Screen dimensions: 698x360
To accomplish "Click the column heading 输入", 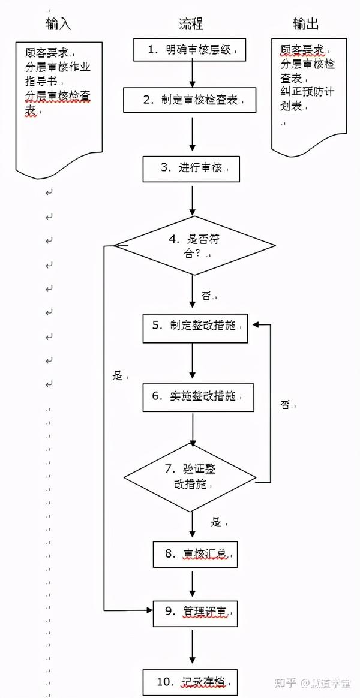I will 58,24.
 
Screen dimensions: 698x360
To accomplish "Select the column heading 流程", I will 191,24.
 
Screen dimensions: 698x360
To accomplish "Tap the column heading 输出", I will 306,24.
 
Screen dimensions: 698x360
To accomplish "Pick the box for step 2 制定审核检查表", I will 190,100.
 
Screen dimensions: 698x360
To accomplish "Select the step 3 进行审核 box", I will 191,169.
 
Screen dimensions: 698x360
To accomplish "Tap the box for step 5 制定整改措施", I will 196,327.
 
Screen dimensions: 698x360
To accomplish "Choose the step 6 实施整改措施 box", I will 194,397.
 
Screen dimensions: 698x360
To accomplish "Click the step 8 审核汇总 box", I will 196,555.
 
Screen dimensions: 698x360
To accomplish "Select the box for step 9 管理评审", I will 196,612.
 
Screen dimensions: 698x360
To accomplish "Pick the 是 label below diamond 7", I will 217,522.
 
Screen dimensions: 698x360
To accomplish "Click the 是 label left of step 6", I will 118,376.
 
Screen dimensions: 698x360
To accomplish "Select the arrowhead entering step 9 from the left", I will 149,610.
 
